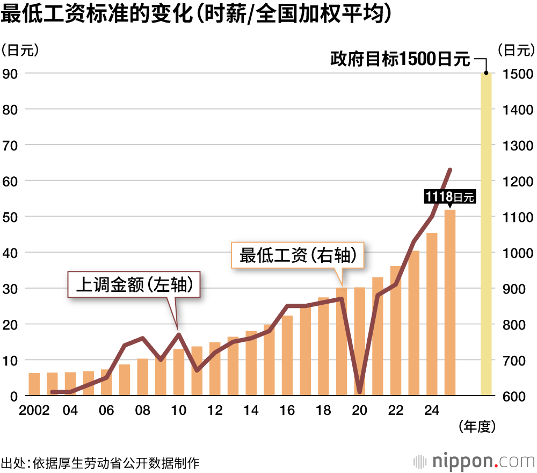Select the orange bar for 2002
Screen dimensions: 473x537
(34, 384)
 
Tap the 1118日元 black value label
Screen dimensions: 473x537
(449, 197)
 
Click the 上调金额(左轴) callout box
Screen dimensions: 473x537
(134, 284)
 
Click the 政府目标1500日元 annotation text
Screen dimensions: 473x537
(400, 59)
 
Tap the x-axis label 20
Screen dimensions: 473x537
(359, 411)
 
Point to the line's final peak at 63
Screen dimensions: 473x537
(450, 170)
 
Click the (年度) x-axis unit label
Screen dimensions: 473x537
(476, 427)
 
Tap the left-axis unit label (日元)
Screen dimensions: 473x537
(20, 50)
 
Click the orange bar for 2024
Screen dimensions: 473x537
(432, 314)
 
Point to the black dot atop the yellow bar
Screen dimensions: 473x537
(486, 73)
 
